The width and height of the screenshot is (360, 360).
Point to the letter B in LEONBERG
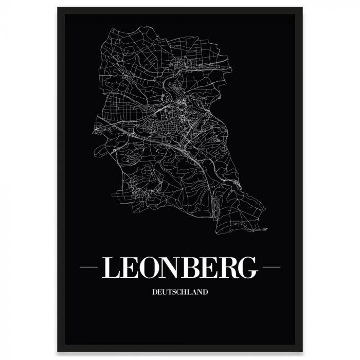pos(193,267)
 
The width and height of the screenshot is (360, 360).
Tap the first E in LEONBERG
pos(130,267)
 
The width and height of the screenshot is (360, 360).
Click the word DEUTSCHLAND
pos(180,292)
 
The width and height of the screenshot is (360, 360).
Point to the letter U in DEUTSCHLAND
pos(164,292)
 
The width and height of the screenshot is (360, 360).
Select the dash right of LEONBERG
pos(271,267)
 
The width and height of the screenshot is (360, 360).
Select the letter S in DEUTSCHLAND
pos(174,292)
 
